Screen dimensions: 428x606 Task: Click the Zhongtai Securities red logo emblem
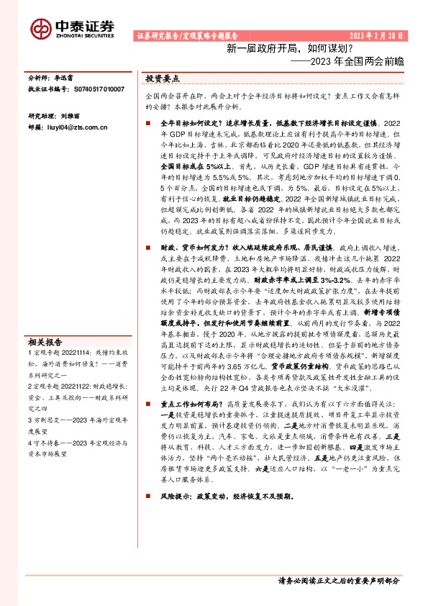[x=40, y=27]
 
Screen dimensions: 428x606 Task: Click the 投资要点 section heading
[x=162, y=78]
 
